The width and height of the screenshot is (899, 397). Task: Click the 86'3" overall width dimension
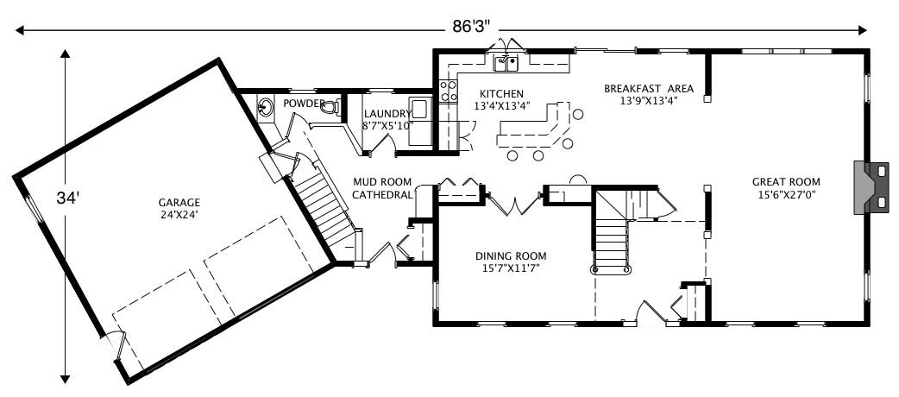pyautogui.click(x=471, y=26)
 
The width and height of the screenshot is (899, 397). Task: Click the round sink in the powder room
pyautogui.click(x=267, y=108)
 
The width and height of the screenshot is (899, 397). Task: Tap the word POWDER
pyautogui.click(x=304, y=104)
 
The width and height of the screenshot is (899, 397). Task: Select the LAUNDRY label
pyautogui.click(x=387, y=113)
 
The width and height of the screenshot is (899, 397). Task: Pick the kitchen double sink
pyautogui.click(x=505, y=62)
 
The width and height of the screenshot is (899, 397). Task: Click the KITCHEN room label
pyautogui.click(x=501, y=93)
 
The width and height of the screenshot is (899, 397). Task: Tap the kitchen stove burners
pyautogui.click(x=449, y=91)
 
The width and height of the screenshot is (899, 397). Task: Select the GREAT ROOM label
pyautogui.click(x=785, y=181)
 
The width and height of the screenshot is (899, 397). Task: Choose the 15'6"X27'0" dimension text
pyautogui.click(x=785, y=195)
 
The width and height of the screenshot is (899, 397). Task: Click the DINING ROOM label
pyautogui.click(x=511, y=255)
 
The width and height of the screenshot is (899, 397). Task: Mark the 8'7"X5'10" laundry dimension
pyautogui.click(x=387, y=125)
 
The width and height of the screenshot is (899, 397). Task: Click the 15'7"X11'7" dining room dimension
pyautogui.click(x=511, y=268)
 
